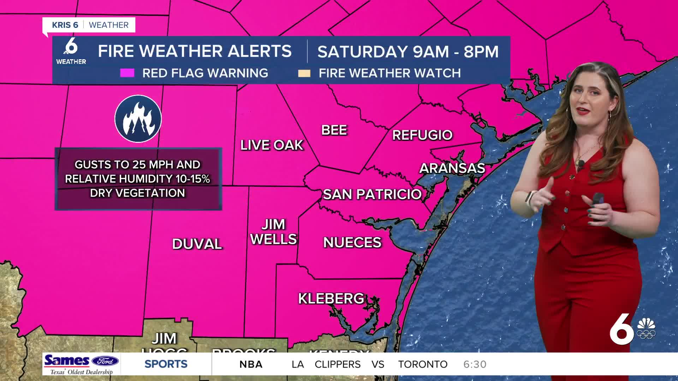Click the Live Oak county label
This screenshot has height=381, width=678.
272,145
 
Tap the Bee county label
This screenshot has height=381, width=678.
334,130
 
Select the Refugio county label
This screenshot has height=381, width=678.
422,135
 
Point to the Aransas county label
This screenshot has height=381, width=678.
452,168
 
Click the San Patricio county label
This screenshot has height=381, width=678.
372,194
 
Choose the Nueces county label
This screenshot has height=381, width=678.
352,242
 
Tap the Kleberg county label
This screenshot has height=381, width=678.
331,298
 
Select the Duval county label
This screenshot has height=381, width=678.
197,244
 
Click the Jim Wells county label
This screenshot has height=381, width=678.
273,232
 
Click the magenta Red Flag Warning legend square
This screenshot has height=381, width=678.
127,73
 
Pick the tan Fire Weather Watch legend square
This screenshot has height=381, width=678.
304,73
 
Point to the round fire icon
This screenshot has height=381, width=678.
138,119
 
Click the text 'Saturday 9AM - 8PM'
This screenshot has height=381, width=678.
408,52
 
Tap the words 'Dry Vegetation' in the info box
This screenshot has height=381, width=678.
137,193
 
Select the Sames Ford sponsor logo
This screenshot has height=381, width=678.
82,364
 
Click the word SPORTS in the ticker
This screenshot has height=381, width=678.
166,364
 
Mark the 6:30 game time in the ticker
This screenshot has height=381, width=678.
475,364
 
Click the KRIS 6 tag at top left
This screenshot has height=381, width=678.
65,25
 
